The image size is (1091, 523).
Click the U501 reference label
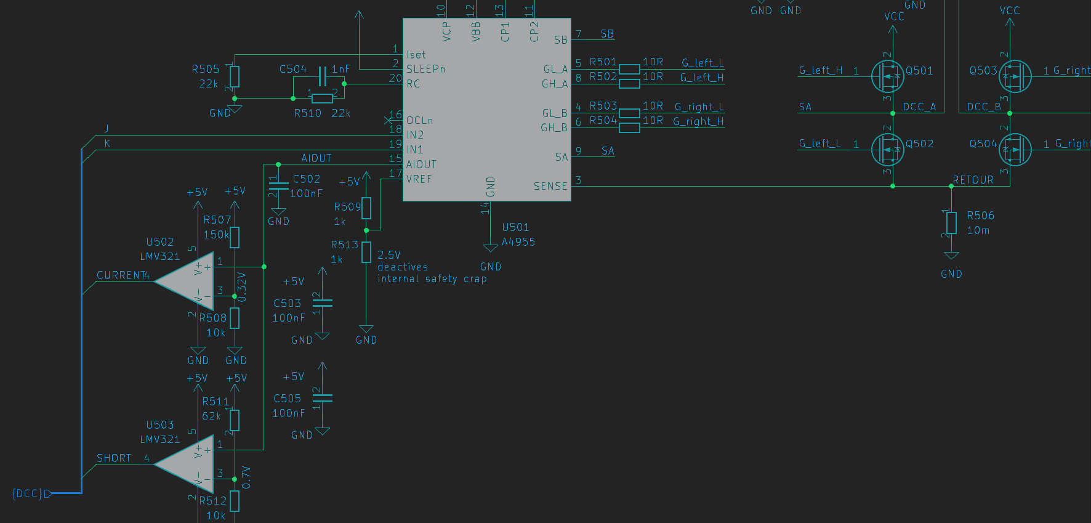(515, 227)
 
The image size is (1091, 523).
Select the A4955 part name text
(518, 242)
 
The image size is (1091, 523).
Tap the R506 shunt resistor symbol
(951, 222)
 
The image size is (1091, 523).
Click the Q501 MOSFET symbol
(888, 76)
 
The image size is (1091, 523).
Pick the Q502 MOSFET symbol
(888, 150)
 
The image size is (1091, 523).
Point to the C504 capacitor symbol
(321, 76)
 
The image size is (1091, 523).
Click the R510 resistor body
(322, 98)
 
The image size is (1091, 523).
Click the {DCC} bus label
(28, 493)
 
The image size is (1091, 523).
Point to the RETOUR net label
(973, 180)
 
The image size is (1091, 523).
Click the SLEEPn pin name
(425, 69)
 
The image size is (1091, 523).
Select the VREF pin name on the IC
(419, 179)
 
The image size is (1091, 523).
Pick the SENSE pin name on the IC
(550, 186)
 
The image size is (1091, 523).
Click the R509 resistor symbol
(366, 208)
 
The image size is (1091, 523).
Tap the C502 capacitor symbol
(278, 184)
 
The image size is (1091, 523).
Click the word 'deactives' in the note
(402, 267)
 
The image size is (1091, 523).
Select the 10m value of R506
(978, 230)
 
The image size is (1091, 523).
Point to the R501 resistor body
(629, 69)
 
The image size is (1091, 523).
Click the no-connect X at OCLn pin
(388, 120)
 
